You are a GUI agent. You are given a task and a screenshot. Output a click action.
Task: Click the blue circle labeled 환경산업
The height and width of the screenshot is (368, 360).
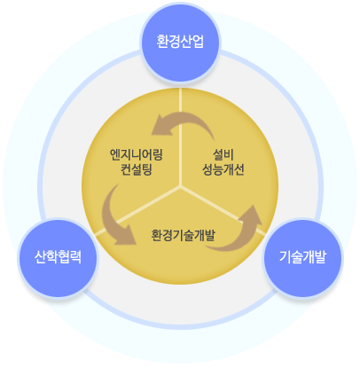click(180, 42)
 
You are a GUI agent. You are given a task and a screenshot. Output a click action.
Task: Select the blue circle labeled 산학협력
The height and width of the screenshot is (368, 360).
click(58, 258)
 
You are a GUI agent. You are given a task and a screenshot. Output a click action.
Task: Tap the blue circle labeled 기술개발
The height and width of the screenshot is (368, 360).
click(303, 258)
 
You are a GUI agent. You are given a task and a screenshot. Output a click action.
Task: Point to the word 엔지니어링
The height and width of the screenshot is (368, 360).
click(137, 154)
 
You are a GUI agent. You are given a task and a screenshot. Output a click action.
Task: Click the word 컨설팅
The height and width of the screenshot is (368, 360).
click(137, 169)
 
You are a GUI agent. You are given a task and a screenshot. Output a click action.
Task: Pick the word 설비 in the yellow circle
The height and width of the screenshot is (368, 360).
click(223, 154)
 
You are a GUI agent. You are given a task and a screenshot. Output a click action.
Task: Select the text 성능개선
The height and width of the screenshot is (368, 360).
click(223, 169)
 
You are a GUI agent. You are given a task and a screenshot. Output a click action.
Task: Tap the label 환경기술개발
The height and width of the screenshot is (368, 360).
click(183, 235)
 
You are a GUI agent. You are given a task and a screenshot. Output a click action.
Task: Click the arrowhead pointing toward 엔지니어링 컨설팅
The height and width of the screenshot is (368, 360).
click(161, 125)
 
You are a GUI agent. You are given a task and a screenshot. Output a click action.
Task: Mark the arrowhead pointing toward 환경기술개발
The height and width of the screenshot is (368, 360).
click(126, 236)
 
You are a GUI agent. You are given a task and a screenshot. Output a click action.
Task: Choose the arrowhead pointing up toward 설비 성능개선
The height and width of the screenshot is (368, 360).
click(252, 215)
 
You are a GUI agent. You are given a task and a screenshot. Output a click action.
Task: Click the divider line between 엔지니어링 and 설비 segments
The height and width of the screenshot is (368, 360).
click(180, 137)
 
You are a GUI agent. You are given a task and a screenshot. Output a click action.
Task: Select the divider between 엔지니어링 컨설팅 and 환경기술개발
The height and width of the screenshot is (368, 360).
click(137, 211)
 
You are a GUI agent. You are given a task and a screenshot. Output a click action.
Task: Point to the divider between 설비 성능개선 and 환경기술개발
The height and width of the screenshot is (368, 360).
click(223, 211)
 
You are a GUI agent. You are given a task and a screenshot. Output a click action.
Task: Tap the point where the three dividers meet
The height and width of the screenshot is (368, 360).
click(180, 187)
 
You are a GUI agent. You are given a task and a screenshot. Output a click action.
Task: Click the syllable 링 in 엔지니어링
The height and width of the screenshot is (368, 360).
click(158, 154)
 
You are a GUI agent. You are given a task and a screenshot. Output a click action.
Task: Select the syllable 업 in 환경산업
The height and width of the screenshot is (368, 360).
click(199, 42)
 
